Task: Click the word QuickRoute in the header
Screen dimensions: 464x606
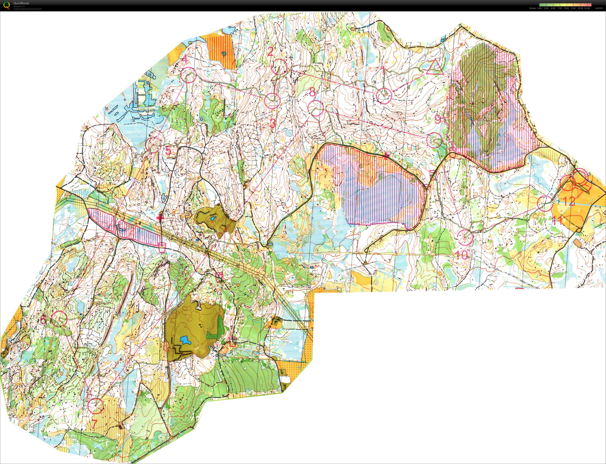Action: coord(21,3)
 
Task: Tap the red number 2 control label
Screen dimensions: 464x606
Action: coord(271,51)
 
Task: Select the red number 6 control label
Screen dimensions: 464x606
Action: coord(43,320)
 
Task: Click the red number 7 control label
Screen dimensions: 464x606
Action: coord(94,424)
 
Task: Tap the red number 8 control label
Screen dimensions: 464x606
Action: coord(312,92)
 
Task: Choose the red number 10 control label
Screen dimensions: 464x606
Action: coord(462,255)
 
